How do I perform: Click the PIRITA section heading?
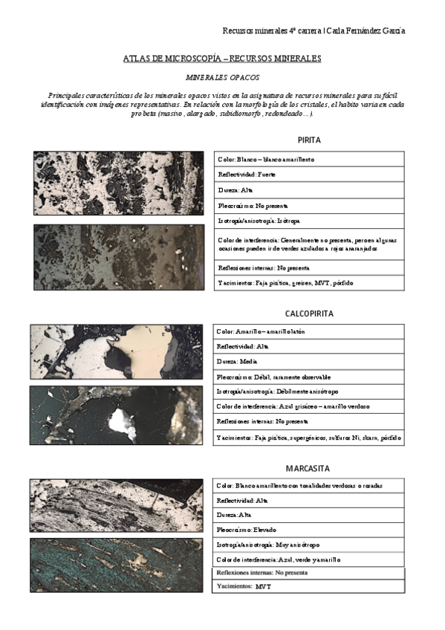[309, 140]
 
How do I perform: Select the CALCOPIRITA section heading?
[309, 314]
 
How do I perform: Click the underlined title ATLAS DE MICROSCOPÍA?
[222, 58]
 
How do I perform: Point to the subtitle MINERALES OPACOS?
[222, 77]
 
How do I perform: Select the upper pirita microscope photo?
[118, 184]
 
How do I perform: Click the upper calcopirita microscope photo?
[116, 352]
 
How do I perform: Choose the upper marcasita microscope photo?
[116, 505]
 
